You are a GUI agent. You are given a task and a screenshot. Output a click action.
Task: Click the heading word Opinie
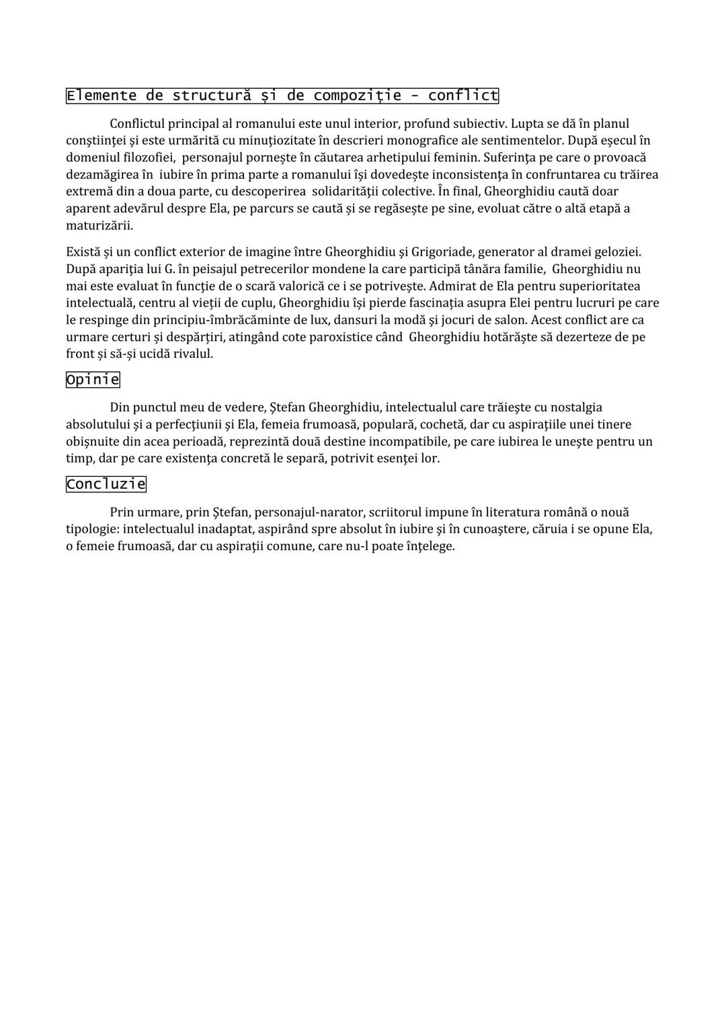click(93, 379)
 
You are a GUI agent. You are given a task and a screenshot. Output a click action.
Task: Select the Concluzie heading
click(106, 484)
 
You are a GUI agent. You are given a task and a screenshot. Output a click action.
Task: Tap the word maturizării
click(99, 225)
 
